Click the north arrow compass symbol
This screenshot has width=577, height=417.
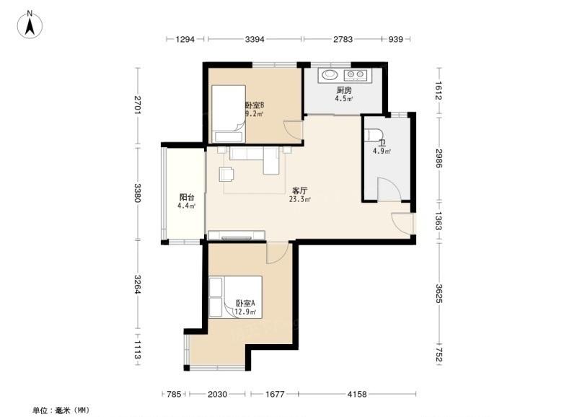(30, 25)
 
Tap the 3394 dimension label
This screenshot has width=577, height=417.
(255, 39)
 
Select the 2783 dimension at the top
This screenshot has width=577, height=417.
(343, 39)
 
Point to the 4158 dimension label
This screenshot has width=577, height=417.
(357, 394)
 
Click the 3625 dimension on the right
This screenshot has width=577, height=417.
(439, 294)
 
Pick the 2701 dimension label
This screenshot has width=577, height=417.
(137, 105)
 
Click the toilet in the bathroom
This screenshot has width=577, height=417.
(371, 134)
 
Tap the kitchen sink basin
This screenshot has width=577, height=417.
(330, 75)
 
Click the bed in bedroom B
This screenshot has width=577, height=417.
(229, 114)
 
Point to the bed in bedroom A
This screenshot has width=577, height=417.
(236, 297)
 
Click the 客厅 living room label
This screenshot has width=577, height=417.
(299, 190)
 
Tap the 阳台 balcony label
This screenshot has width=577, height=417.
(187, 197)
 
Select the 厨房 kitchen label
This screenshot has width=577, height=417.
(344, 90)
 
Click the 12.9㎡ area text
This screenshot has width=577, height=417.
(245, 312)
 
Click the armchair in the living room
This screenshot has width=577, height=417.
(226, 174)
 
